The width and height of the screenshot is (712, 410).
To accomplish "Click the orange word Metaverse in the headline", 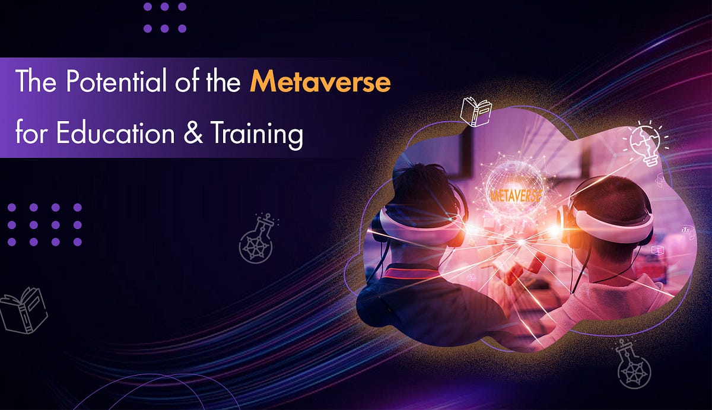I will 320,83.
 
